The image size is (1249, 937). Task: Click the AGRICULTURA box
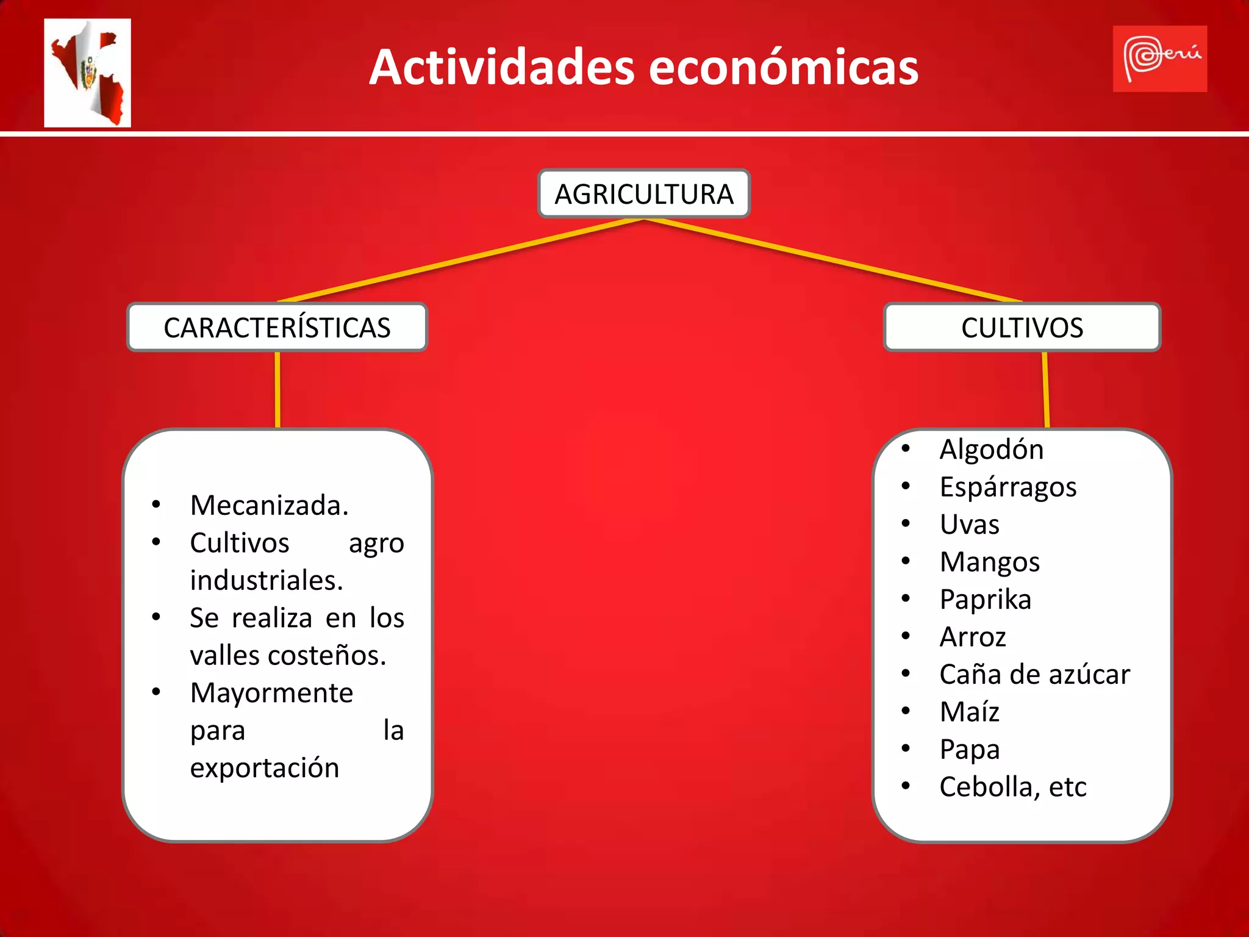(x=643, y=194)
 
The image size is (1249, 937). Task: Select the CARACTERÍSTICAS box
(x=277, y=328)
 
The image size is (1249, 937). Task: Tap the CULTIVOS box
(x=1022, y=328)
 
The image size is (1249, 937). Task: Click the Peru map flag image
(x=87, y=73)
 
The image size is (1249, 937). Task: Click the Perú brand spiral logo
(x=1159, y=59)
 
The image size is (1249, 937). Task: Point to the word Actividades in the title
(x=502, y=67)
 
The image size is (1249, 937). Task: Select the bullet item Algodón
(x=991, y=450)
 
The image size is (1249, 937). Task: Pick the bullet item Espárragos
(x=1007, y=487)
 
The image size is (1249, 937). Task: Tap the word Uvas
(x=969, y=525)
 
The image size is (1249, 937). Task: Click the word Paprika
(x=985, y=600)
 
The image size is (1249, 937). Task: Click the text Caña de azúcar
(x=1034, y=675)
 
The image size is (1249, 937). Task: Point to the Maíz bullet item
(x=969, y=712)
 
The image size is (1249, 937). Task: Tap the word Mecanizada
(x=269, y=506)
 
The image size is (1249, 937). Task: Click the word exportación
(x=265, y=768)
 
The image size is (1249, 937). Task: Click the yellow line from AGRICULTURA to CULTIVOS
(x=833, y=260)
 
